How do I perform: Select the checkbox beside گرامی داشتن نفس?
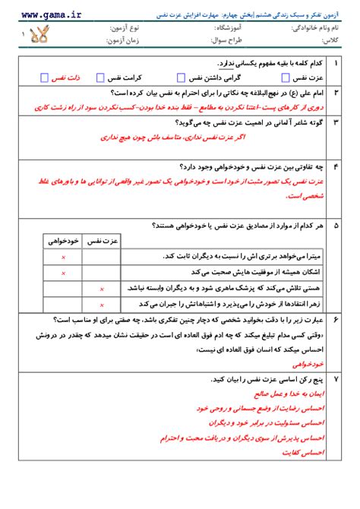180,77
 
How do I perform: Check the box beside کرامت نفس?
109,77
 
